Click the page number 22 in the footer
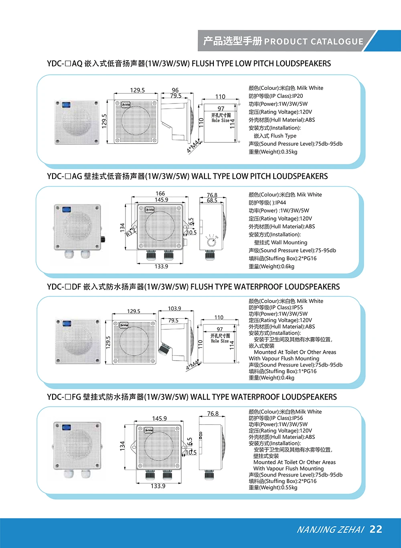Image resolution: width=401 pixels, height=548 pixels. [x=376, y=529]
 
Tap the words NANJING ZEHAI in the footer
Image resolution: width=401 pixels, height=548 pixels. [x=330, y=530]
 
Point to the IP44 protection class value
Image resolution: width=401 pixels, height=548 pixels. [x=280, y=203]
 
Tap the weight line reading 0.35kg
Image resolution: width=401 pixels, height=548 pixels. [x=273, y=152]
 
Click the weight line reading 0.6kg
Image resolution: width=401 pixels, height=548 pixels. [x=271, y=266]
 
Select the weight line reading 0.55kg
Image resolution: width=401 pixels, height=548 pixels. [x=273, y=487]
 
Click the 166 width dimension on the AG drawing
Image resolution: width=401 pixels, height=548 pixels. [x=160, y=193]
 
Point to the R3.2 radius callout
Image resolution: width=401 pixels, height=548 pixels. [x=131, y=232]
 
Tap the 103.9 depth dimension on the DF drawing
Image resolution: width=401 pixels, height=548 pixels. [x=174, y=309]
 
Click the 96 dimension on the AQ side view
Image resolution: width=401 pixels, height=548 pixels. [x=175, y=90]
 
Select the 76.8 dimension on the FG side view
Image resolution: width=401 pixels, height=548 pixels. [x=213, y=414]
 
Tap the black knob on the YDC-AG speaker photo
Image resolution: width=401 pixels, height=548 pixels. [x=103, y=239]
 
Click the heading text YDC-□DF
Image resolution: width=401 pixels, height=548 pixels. [x=64, y=287]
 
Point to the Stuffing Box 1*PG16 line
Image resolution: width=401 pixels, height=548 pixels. [x=282, y=371]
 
